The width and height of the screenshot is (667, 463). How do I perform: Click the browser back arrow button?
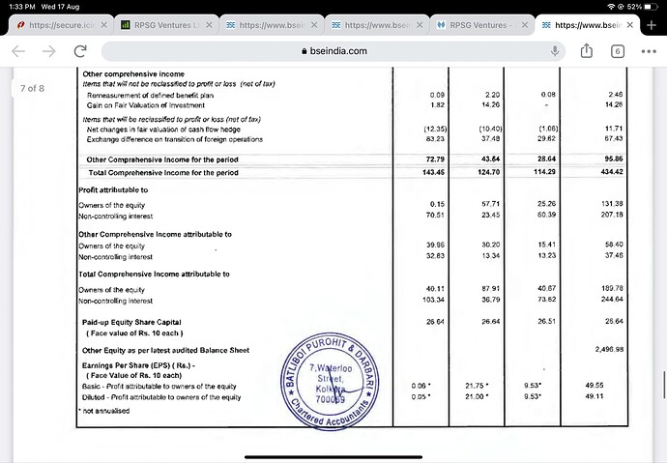[x=20, y=51]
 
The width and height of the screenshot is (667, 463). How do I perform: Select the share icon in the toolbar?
[x=585, y=51]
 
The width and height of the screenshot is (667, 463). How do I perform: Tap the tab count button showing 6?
[x=617, y=51]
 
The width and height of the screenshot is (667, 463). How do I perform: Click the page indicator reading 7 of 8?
[x=32, y=89]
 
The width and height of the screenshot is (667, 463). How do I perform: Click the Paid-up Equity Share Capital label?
[x=131, y=322]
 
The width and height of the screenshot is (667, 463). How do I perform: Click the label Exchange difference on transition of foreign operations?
[x=174, y=139]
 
